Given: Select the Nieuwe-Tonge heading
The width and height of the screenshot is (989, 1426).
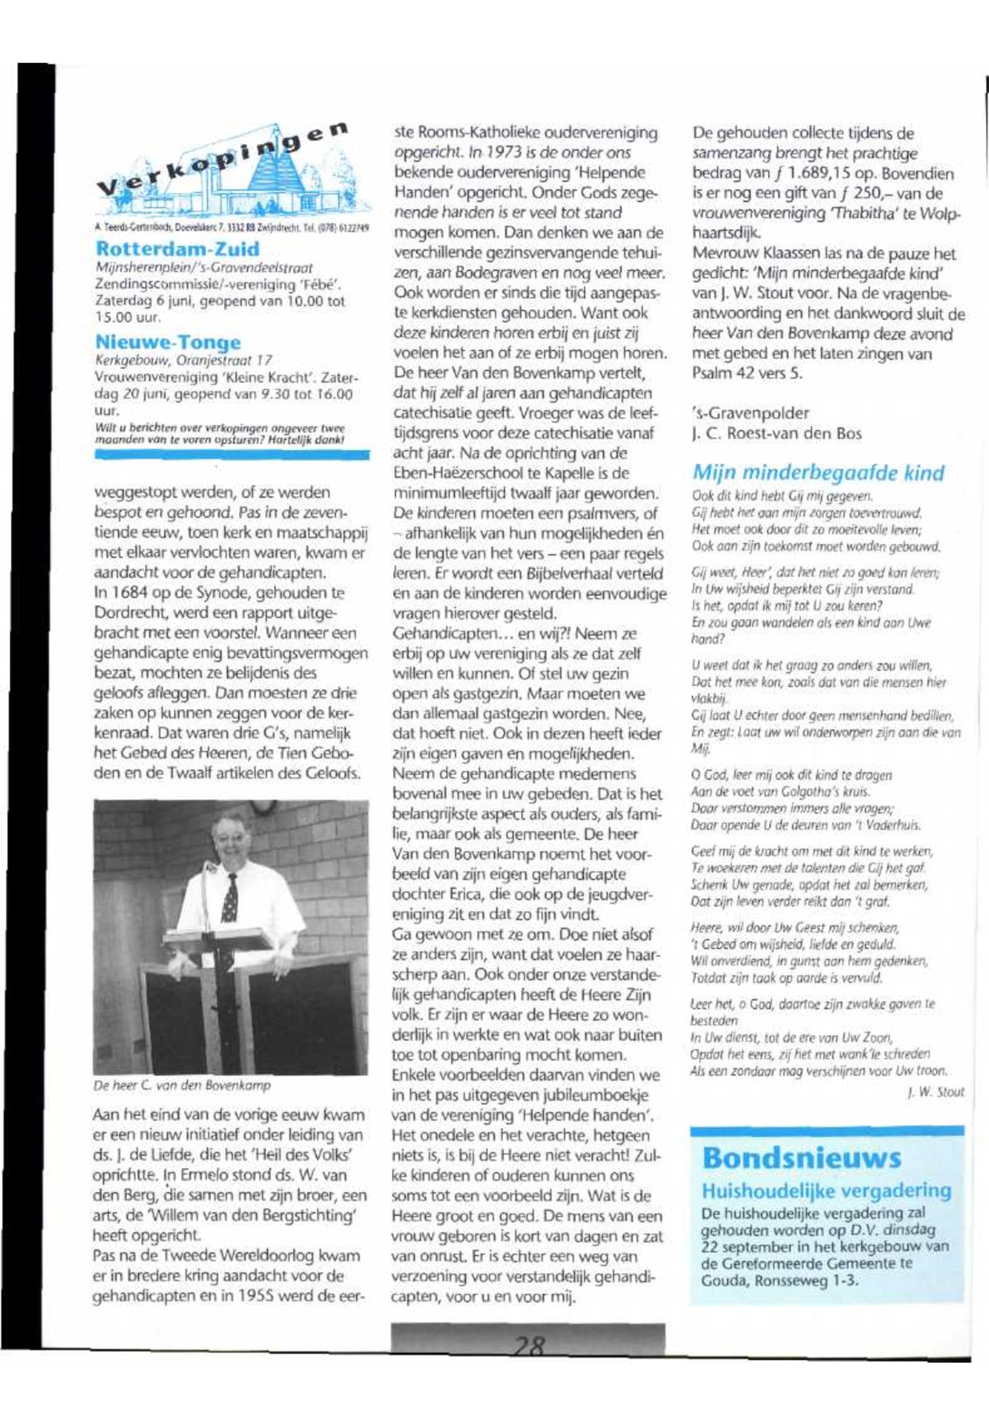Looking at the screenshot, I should click(168, 341).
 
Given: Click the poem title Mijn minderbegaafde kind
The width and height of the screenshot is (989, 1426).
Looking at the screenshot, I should click(818, 473).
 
